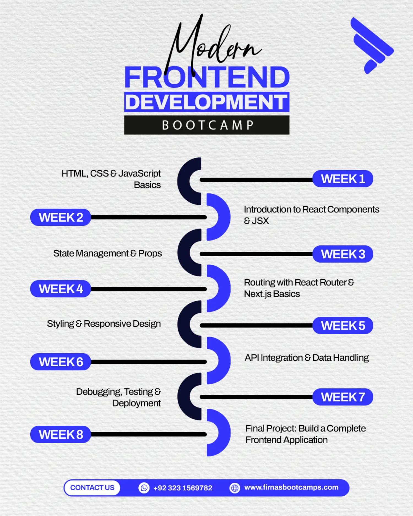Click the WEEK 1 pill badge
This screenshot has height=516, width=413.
click(343, 179)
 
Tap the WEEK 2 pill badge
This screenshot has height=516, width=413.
click(61, 217)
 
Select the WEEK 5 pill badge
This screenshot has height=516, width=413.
click(343, 326)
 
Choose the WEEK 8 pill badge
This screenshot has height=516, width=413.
click(61, 435)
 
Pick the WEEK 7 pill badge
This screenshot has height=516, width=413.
click(343, 397)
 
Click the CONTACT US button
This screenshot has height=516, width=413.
click(92, 488)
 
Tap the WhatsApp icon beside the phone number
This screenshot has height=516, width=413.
click(144, 488)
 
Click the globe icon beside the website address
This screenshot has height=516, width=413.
click(235, 488)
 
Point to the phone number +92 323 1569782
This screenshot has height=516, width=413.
click(183, 488)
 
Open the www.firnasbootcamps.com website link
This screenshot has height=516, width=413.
click(291, 487)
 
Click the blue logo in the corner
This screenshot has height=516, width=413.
click(372, 45)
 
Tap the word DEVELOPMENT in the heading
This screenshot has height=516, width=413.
click(207, 102)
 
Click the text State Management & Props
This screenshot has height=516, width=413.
click(107, 253)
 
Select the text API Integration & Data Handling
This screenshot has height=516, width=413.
click(307, 358)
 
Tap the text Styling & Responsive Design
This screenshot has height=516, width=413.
click(104, 324)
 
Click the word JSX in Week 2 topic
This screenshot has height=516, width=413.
click(260, 221)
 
